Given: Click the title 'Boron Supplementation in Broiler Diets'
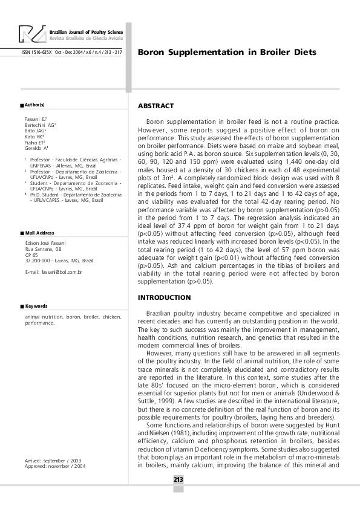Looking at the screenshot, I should click(x=227, y=52).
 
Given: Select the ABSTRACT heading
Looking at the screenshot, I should click(x=155, y=106).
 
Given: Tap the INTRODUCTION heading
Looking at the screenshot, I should click(x=164, y=297).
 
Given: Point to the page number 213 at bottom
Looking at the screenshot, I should click(x=178, y=479).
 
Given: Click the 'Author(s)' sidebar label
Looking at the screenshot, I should click(x=34, y=105).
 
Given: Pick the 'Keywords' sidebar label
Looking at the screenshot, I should click(x=36, y=306).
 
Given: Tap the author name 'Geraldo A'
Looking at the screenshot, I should click(x=36, y=148).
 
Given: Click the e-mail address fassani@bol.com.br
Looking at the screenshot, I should click(x=54, y=273).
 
